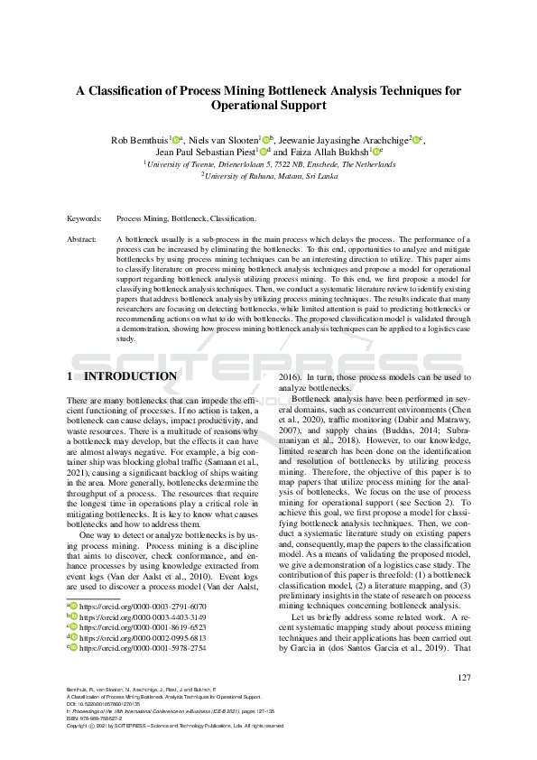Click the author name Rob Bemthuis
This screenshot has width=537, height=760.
[139, 140]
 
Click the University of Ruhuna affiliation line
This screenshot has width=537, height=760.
[268, 177]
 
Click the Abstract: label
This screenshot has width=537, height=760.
[84, 239]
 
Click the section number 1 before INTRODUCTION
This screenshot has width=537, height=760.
[70, 375]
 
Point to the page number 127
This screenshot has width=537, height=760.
[464, 677]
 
